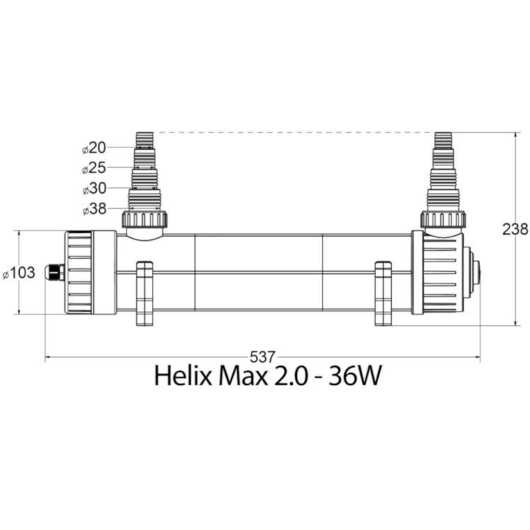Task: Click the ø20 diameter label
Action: tap(94, 148)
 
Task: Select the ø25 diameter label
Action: tap(94, 168)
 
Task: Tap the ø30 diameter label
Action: tap(95, 189)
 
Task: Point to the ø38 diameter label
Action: tap(95, 209)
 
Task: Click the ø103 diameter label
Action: tap(19, 273)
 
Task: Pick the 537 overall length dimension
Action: tap(263, 357)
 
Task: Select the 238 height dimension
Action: tap(514, 230)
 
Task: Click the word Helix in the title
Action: tap(183, 376)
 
